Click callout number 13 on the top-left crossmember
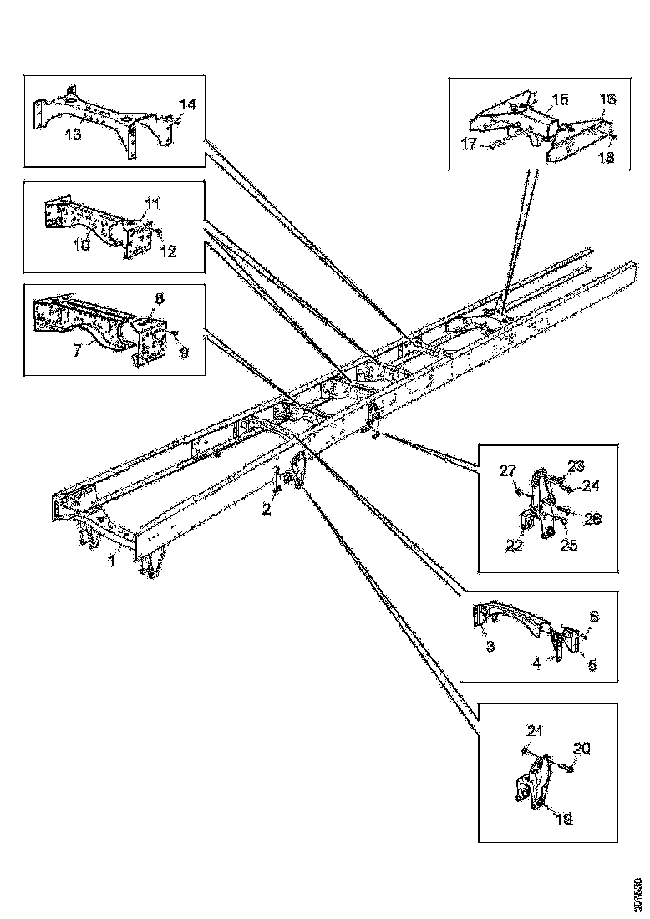pyautogui.click(x=74, y=134)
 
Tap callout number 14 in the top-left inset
pyautogui.click(x=187, y=104)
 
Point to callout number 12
pyautogui.click(x=169, y=251)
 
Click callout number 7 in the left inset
pyautogui.click(x=77, y=350)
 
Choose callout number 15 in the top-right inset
pyautogui.click(x=559, y=99)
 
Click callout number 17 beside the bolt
pyautogui.click(x=468, y=144)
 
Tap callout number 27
pyautogui.click(x=507, y=473)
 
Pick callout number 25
pyautogui.click(x=568, y=546)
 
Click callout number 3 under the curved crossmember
pyautogui.click(x=490, y=646)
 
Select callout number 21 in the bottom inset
pyautogui.click(x=534, y=731)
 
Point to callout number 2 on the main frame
pyautogui.click(x=266, y=509)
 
